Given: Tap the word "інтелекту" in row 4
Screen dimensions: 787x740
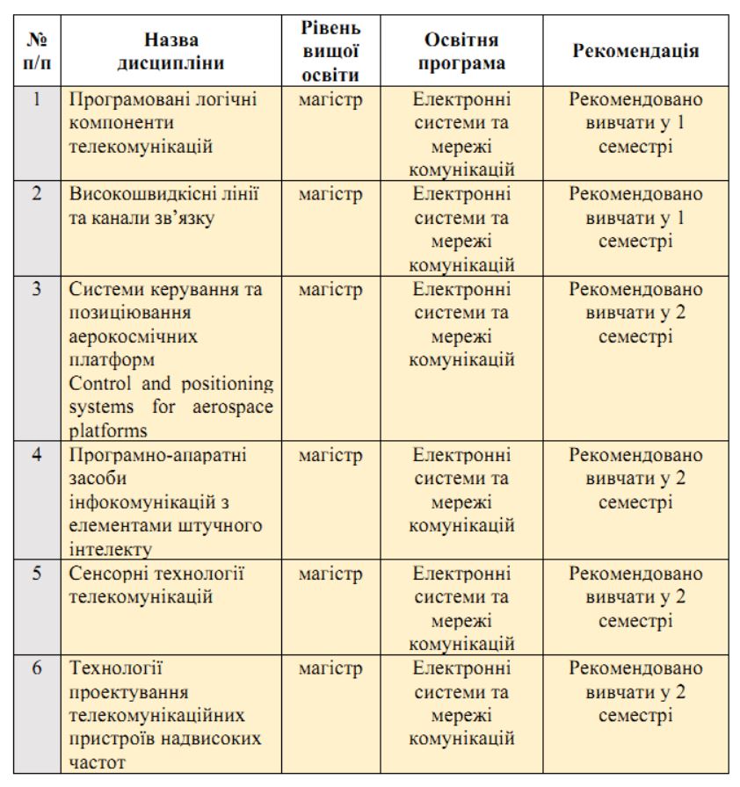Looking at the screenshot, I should [x=111, y=551].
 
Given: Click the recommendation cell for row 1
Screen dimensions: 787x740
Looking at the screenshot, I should [x=636, y=123].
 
